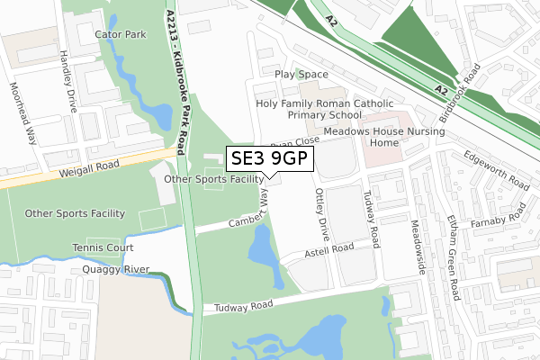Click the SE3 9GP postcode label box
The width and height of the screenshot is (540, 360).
tap(269, 159)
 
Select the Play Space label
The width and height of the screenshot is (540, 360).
tap(301, 74)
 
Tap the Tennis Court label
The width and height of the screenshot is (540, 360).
tap(103, 247)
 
